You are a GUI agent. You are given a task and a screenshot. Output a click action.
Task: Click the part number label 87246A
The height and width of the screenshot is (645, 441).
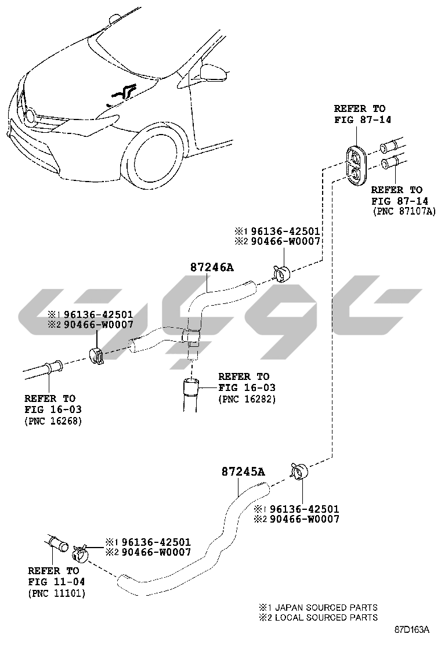[x=211, y=267]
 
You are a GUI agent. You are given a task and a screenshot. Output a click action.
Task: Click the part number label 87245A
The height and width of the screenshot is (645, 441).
[x=244, y=472]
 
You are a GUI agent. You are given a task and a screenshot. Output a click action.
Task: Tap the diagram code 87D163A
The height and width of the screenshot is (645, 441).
[x=412, y=630]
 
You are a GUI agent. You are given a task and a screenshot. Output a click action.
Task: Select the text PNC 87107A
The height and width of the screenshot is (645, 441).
[x=404, y=212]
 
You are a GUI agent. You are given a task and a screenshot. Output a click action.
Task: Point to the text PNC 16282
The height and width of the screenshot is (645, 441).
[x=247, y=398]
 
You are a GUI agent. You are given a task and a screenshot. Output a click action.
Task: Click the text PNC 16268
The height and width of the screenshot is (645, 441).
[x=53, y=421]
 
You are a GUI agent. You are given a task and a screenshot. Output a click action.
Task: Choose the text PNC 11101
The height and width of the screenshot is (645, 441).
[x=57, y=593]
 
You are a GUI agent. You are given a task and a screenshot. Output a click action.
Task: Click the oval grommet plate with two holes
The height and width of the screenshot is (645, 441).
[x=356, y=164]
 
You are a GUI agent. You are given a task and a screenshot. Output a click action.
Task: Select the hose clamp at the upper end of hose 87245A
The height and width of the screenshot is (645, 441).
[x=300, y=472]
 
